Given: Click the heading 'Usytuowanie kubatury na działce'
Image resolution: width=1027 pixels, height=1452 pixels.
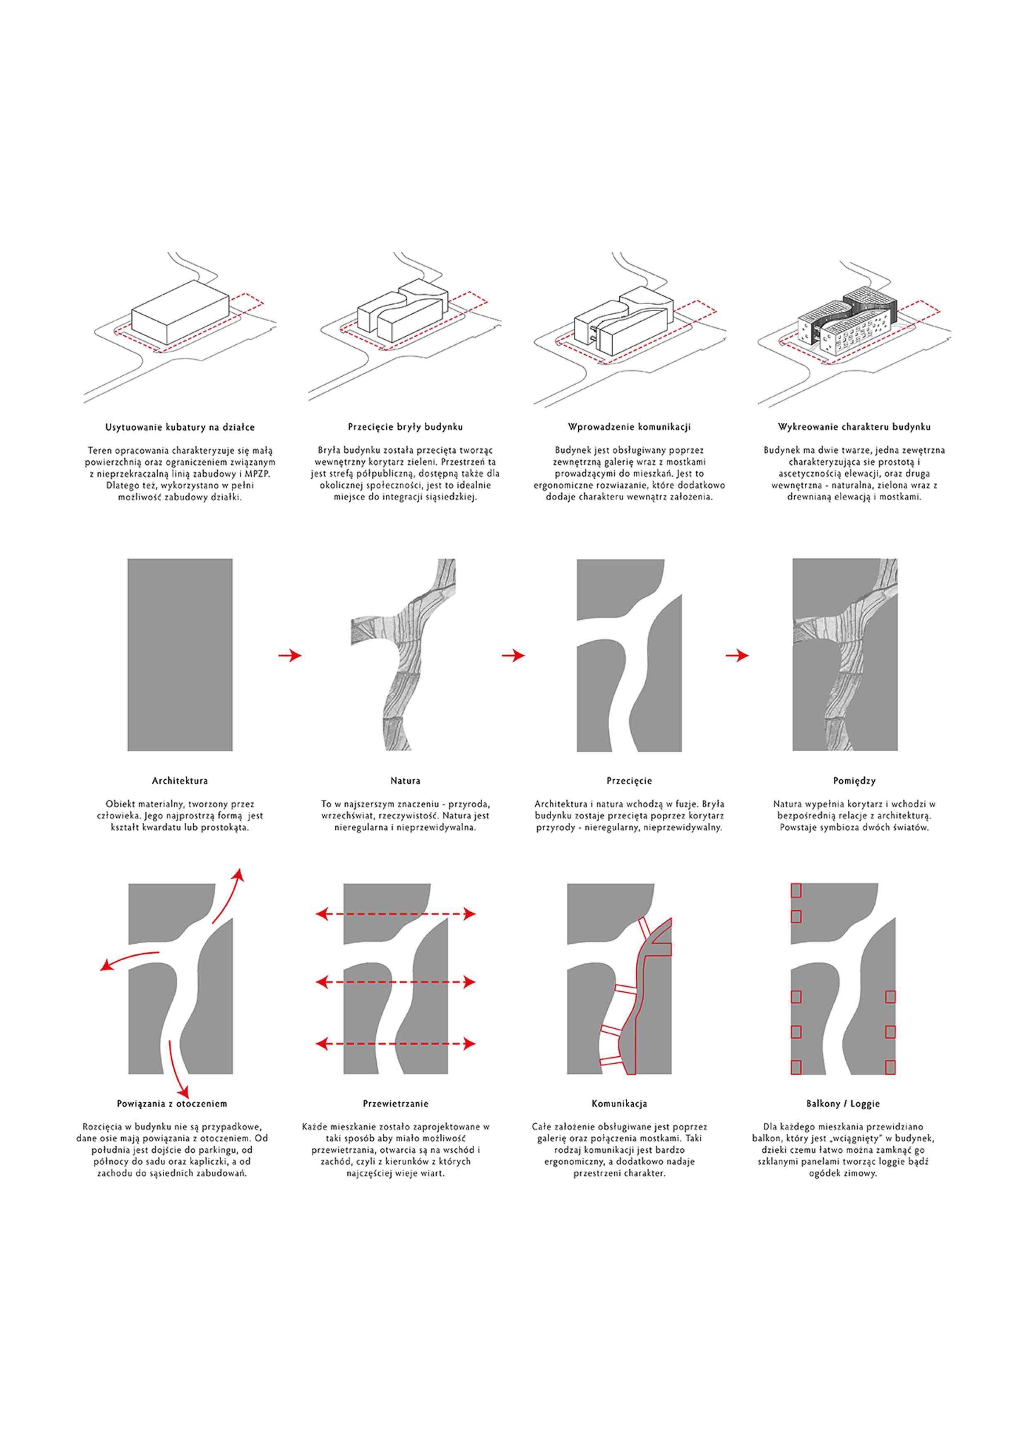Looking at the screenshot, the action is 180,428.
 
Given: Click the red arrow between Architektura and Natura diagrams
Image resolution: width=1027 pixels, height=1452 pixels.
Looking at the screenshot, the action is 290,656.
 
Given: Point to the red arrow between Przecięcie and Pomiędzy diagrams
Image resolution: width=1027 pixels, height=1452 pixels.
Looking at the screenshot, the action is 737,656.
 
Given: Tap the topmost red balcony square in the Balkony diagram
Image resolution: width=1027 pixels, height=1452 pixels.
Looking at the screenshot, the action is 796,890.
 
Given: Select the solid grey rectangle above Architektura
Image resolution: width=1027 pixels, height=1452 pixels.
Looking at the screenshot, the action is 180,654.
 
